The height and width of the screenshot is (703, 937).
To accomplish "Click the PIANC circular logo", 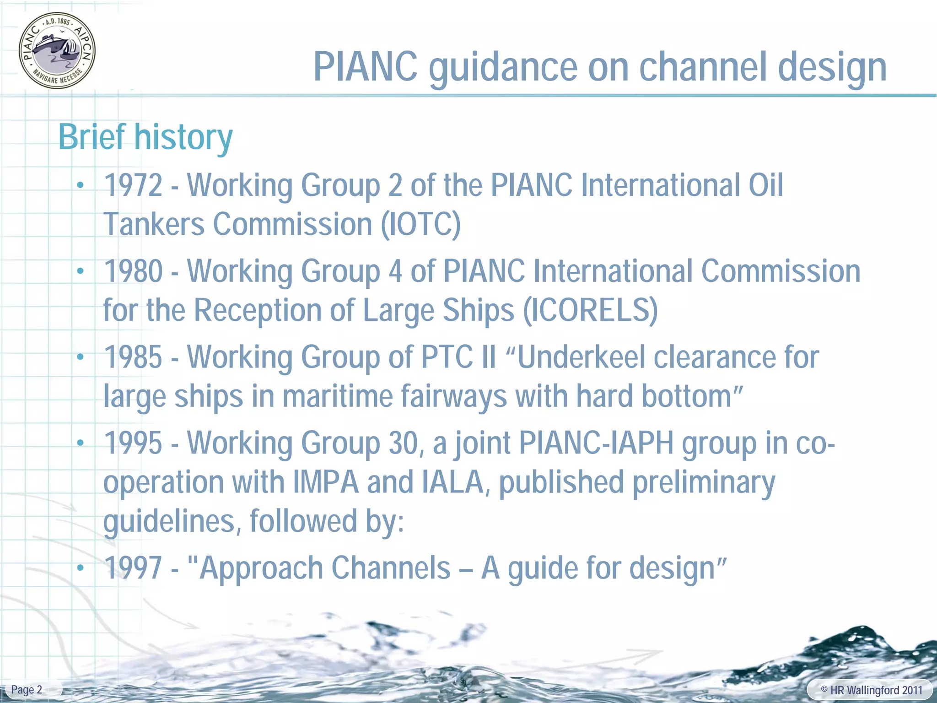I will click(57, 50).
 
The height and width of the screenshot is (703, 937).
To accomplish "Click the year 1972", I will click(133, 185).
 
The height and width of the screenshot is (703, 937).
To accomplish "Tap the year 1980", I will click(133, 271).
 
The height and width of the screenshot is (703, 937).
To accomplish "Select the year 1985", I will click(133, 357).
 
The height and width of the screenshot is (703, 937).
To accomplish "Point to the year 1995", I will click(133, 443).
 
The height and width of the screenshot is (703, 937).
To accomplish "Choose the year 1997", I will click(133, 568).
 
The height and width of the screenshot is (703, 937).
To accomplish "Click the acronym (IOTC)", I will click(421, 224).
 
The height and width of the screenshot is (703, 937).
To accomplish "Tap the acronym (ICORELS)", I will click(590, 310).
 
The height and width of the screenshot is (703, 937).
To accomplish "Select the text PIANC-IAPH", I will click(597, 443).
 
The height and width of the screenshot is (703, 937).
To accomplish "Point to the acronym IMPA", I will click(325, 482).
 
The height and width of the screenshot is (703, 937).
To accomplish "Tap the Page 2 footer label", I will click(27, 690).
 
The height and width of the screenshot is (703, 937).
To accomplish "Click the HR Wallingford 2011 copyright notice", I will click(871, 690).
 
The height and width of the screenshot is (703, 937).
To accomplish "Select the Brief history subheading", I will click(145, 137).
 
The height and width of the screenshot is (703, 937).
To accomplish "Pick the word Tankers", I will click(154, 224).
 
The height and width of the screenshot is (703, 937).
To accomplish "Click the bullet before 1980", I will click(81, 271).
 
